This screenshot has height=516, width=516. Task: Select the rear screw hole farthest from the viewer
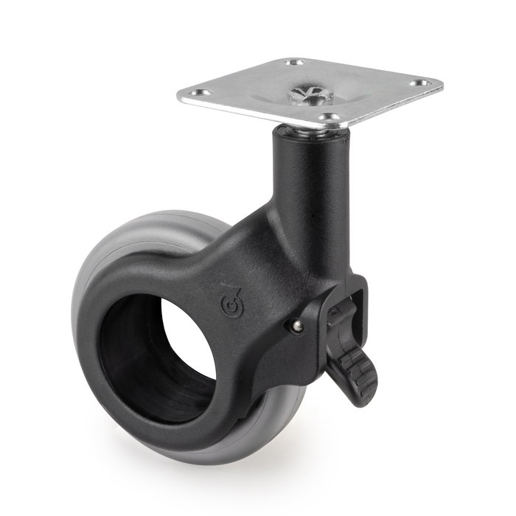[295, 63]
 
